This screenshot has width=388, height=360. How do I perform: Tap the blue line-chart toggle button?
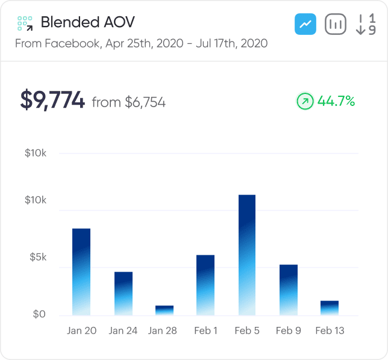click(305, 25)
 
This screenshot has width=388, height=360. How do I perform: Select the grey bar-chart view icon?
click(336, 25)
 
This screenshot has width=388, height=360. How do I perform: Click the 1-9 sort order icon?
click(366, 25)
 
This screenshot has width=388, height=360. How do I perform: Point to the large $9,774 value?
click(52, 100)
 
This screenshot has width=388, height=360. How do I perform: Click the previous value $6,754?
click(145, 102)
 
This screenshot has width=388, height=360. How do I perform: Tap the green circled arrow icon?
click(305, 101)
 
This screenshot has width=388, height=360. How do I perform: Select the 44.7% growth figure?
click(336, 101)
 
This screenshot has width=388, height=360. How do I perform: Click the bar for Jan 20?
click(81, 272)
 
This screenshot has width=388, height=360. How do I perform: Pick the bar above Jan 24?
click(124, 293)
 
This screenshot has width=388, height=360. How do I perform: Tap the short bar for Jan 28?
click(164, 310)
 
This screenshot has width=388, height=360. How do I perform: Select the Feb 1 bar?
click(205, 285)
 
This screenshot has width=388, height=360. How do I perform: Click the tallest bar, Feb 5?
click(246, 255)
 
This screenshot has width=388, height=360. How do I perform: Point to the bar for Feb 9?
click(288, 290)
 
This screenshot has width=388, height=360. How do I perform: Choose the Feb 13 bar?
click(329, 308)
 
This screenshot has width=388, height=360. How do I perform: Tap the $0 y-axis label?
click(39, 314)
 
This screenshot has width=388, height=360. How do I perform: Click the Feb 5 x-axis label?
click(247, 331)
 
